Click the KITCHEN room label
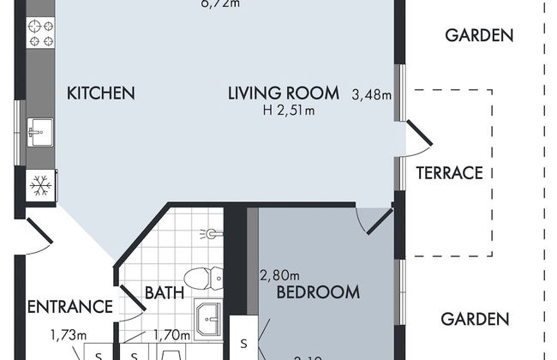pos(101,93)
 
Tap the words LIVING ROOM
pos(284,93)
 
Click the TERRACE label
pos(449,172)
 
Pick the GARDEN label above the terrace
pos(480,35)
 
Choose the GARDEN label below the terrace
pos(475,319)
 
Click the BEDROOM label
pos(317,292)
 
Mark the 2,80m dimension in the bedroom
pos(278,275)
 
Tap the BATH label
pos(164,293)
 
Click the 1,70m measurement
pos(171,336)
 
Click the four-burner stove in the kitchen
pos(41,33)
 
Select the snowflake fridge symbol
pos(39,183)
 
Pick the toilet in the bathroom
pos(205,278)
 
